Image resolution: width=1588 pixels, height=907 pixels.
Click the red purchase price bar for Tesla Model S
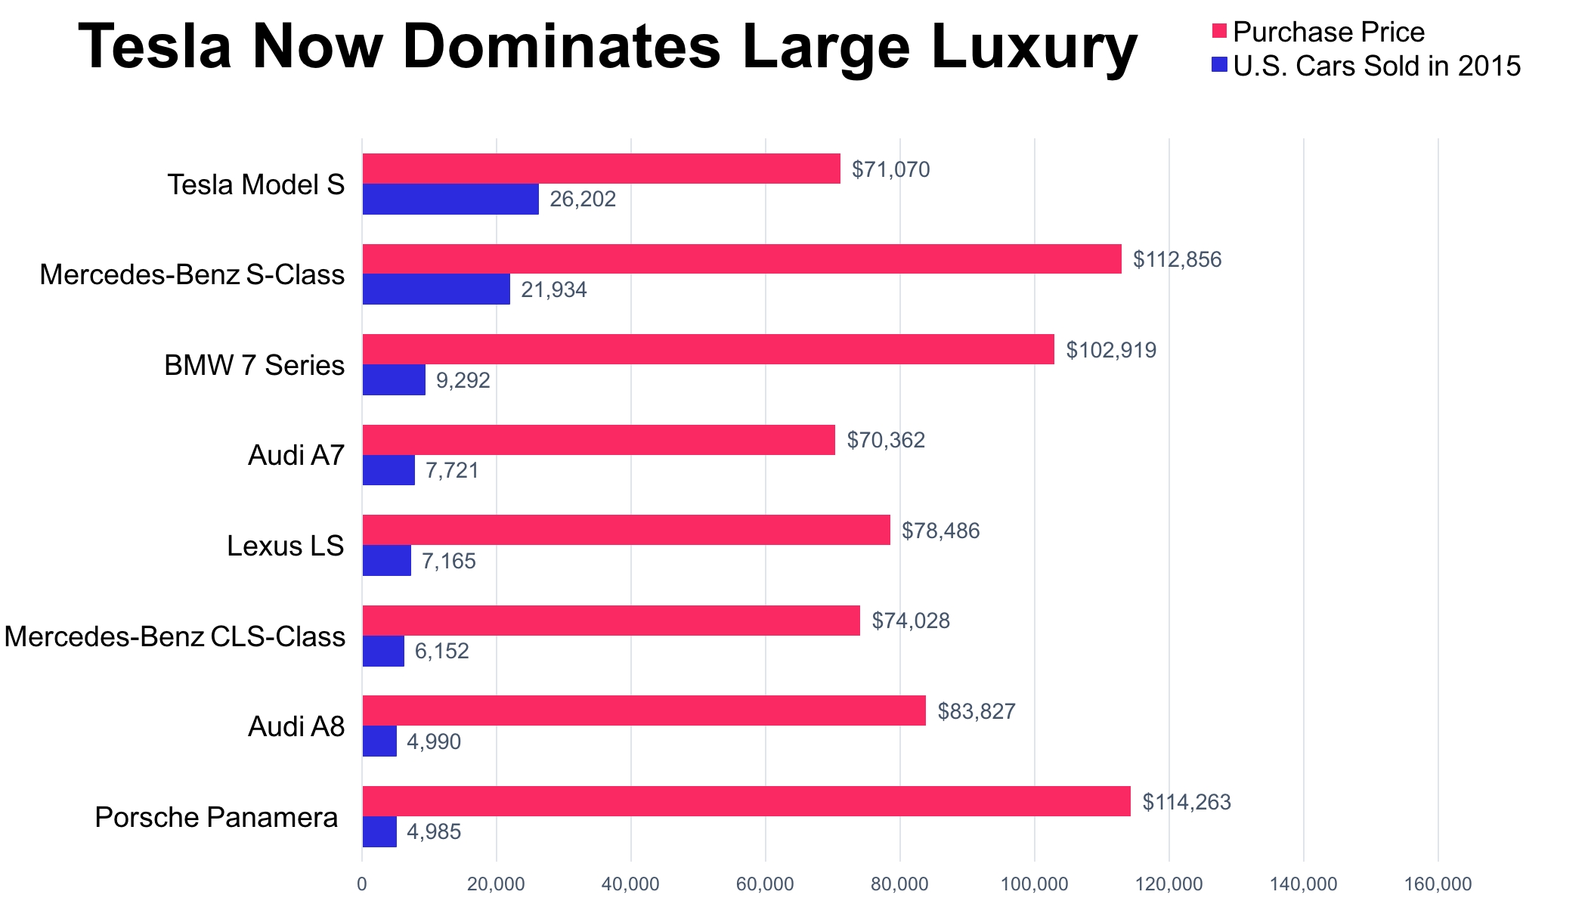pyautogui.click(x=601, y=169)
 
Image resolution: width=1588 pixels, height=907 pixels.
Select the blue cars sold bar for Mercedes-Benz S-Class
pyautogui.click(x=436, y=289)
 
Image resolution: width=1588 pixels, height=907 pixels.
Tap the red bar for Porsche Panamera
pyautogui.click(x=746, y=801)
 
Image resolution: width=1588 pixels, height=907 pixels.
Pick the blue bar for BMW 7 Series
pyautogui.click(x=394, y=380)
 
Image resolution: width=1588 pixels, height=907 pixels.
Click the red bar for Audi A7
pyautogui.click(x=599, y=440)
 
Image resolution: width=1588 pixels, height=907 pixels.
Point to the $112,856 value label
pyautogui.click(x=1177, y=259)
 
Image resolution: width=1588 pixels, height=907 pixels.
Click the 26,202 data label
pyautogui.click(x=583, y=200)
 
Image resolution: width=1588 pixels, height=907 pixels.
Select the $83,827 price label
pyautogui.click(x=977, y=711)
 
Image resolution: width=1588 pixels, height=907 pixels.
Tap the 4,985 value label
pyautogui.click(x=434, y=832)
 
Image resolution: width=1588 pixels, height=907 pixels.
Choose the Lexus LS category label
pyautogui.click(x=285, y=546)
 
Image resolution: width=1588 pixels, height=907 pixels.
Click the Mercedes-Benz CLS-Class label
pyautogui.click(x=175, y=636)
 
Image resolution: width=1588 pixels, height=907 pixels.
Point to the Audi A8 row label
pyautogui.click(x=296, y=726)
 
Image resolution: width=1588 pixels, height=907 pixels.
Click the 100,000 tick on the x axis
pyautogui.click(x=1035, y=884)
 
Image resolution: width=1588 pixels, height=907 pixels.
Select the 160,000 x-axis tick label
pyautogui.click(x=1438, y=884)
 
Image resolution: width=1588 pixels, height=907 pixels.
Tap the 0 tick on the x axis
pyautogui.click(x=362, y=884)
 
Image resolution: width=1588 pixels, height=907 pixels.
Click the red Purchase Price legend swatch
pyautogui.click(x=1218, y=32)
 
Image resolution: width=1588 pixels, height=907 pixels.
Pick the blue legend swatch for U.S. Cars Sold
pyautogui.click(x=1218, y=66)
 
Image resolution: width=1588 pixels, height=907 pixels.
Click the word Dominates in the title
pyautogui.click(x=562, y=47)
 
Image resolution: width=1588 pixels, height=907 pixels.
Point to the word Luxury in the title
pyautogui.click(x=1033, y=47)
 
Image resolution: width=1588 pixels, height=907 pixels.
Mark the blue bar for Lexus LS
pyautogui.click(x=387, y=561)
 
